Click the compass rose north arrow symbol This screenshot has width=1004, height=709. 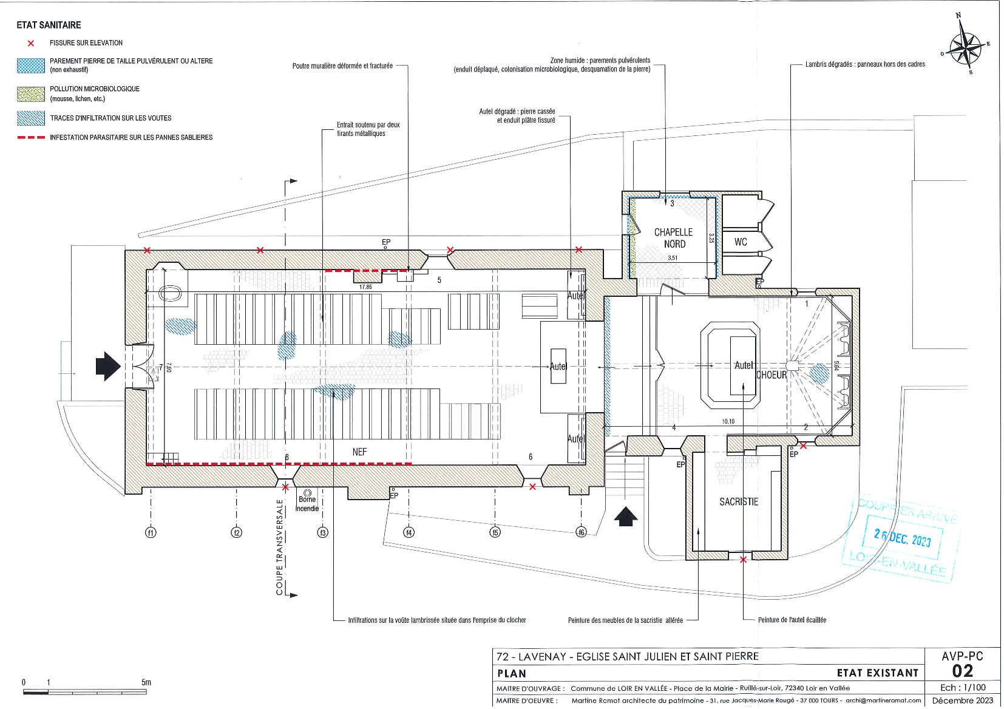pos(965,46)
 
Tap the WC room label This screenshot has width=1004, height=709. pos(741,242)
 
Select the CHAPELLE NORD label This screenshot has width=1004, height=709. pos(674,238)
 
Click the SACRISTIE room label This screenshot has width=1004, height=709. pos(739,502)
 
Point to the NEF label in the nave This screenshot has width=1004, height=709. pos(359,452)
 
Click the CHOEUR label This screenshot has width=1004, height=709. pos(772,375)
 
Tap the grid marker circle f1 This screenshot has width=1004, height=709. pos(151,532)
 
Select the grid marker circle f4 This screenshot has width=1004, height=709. pos(409,532)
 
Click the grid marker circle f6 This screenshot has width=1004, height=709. pos(581,532)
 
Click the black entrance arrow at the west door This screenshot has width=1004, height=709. pos(108,366)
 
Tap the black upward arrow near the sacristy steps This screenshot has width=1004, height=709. pos(626,517)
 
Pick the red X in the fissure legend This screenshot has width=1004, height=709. pos(31,43)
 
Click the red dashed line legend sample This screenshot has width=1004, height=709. pos(31,138)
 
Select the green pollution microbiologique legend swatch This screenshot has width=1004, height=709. pos(31,93)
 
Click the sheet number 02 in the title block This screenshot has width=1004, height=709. pos(962,671)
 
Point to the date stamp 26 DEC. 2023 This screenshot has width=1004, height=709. pos(902,538)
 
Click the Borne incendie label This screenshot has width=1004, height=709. pos(307,504)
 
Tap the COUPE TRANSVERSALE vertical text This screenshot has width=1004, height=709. pos(280,547)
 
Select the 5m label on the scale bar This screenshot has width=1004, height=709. pos(146,682)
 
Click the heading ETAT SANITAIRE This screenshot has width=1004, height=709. pos(49,25)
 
